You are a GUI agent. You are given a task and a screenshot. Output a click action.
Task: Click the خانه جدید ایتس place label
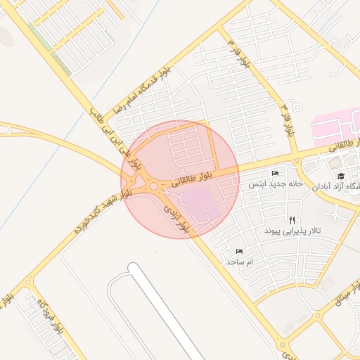click(x=275, y=184)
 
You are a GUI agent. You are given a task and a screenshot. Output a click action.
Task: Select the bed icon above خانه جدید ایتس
click(x=275, y=174)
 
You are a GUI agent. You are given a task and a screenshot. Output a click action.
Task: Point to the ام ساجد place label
click(x=239, y=262)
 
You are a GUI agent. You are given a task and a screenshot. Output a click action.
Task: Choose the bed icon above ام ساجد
click(x=239, y=251)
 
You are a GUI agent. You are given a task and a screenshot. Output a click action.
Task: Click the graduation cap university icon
click(x=341, y=176)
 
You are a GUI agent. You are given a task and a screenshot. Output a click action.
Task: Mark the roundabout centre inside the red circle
click(x=153, y=186)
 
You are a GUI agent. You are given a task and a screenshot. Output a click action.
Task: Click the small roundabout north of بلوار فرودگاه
click(x=29, y=283)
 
